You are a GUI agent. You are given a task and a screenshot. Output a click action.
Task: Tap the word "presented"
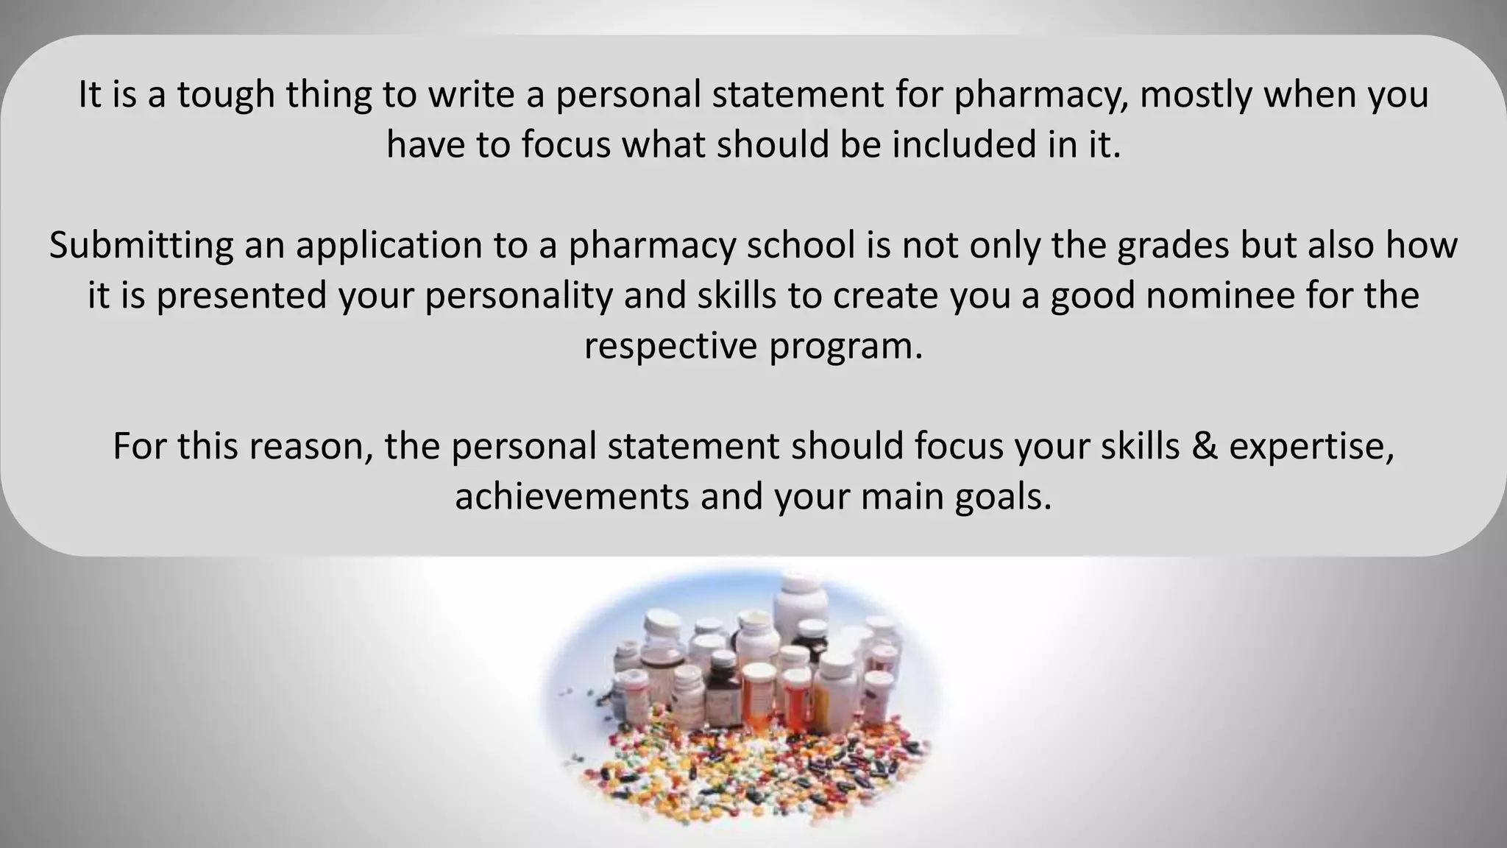[241, 296]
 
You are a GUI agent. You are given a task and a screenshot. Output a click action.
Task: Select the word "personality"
[519, 296]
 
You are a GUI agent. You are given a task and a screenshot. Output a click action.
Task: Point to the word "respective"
[670, 346]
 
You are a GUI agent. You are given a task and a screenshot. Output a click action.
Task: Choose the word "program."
[846, 346]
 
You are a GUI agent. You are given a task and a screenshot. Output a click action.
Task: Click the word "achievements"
[571, 497]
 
